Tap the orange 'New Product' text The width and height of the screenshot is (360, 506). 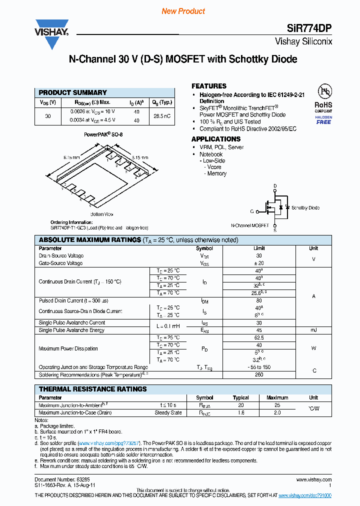point(183,11)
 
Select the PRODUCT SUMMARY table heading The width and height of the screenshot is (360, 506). point(73,92)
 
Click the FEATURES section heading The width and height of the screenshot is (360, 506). point(209,86)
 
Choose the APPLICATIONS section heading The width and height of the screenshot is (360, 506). point(216,139)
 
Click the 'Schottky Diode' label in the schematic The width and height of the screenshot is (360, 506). point(305,207)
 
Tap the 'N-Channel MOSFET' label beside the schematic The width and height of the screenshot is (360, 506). point(250,225)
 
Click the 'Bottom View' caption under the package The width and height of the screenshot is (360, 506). point(101,214)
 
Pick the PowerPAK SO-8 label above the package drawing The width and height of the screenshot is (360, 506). point(103,135)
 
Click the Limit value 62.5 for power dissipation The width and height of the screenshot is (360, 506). point(259,338)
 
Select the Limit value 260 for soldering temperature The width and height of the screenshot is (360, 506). point(259,374)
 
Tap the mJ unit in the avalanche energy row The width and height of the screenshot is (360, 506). point(313,330)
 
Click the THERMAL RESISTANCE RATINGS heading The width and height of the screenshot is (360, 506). point(93,389)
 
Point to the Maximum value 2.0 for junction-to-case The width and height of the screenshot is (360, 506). point(277,413)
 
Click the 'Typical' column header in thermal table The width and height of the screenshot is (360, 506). point(241,398)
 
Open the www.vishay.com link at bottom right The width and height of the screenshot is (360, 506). point(304,495)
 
